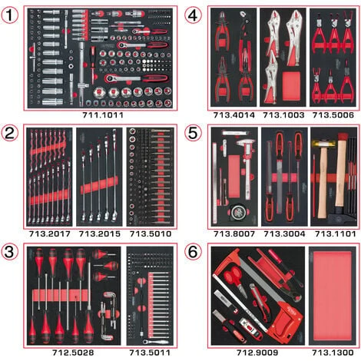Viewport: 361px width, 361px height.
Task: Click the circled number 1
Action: tap(10, 15)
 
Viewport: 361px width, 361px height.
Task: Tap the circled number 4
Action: tap(193, 15)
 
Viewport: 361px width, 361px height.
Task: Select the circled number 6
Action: tap(193, 252)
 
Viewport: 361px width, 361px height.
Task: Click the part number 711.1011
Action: tap(103, 115)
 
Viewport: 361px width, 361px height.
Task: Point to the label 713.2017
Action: tap(49, 233)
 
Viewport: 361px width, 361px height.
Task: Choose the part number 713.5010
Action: tap(151, 233)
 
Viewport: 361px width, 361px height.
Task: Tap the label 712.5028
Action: tap(73, 353)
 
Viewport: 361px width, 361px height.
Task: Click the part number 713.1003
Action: tap(283, 115)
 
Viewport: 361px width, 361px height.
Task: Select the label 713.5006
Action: tap(333, 115)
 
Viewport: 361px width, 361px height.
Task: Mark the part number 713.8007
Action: tap(234, 233)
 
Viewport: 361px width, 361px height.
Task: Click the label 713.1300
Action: tap(333, 353)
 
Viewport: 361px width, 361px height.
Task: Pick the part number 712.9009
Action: tap(257, 353)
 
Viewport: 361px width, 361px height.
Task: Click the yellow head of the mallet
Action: tap(320, 143)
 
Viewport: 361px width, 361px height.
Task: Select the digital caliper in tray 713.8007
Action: tap(246, 164)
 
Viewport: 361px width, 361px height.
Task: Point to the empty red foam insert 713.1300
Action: tap(332, 295)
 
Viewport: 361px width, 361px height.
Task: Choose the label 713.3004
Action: tap(284, 233)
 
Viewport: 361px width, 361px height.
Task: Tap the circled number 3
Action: tap(10, 252)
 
